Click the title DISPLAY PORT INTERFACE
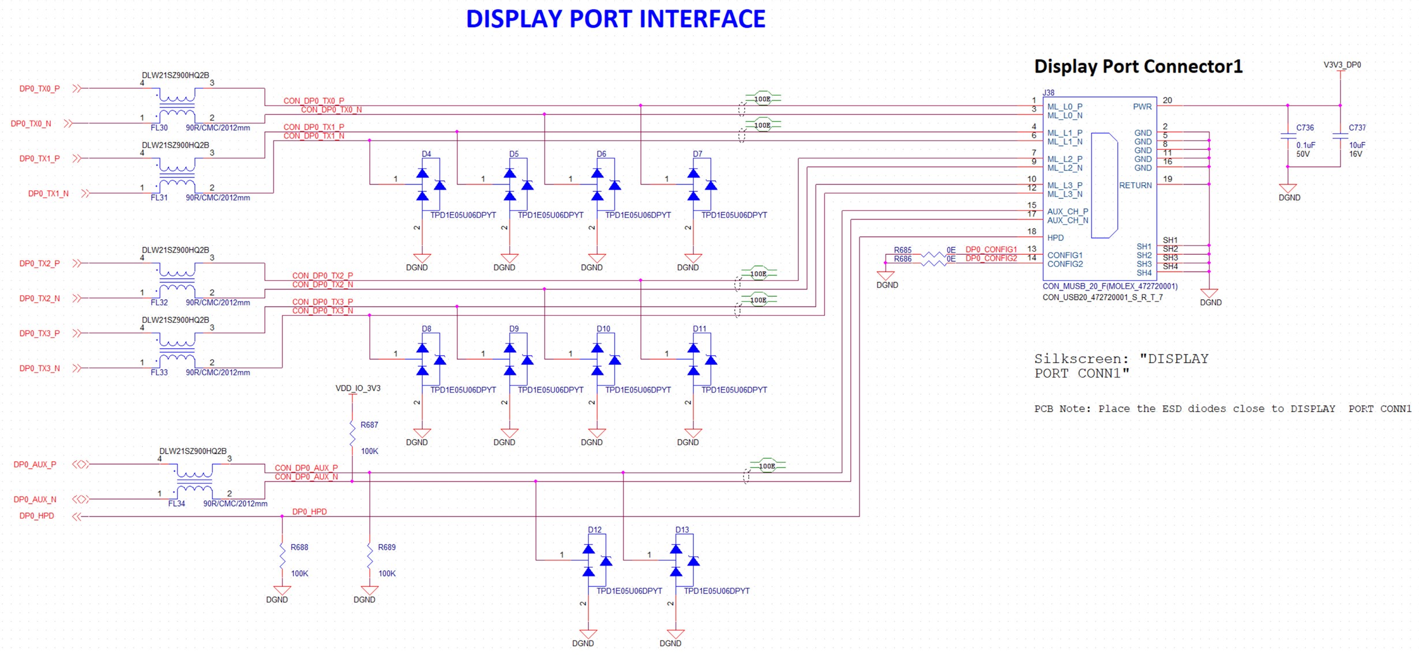615,19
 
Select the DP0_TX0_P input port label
39,89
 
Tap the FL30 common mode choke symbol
177,106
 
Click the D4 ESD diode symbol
430,184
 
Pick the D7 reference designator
697,154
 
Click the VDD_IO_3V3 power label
358,388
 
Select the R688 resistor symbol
282,556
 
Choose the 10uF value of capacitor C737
1357,145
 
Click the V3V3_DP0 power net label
1342,65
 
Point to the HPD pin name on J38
1055,237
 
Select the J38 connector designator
1048,92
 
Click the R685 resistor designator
903,250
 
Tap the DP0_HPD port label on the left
37,516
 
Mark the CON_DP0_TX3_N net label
322,311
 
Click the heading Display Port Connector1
1138,66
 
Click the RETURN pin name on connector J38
1135,185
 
